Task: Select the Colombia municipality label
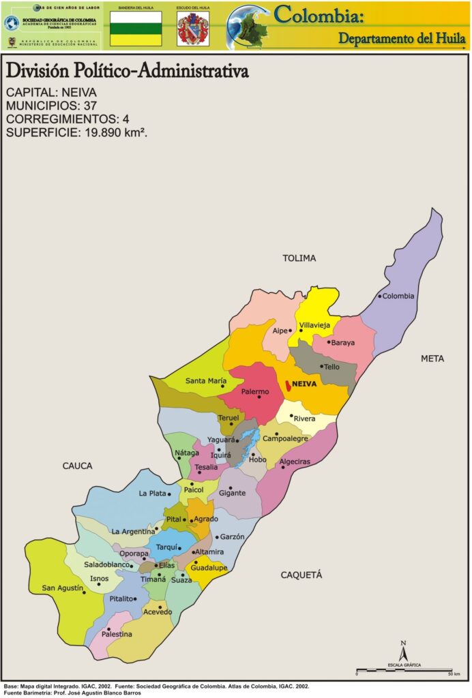click(398, 296)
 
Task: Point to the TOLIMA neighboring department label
click(299, 258)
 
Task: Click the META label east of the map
click(432, 358)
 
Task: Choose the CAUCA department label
click(77, 466)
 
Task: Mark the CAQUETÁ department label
click(301, 575)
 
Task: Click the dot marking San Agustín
click(84, 592)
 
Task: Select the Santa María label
click(206, 381)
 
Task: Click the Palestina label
click(117, 634)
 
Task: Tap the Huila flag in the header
click(136, 29)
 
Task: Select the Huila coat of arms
click(193, 29)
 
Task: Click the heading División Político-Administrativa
click(127, 72)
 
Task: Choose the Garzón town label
click(232, 537)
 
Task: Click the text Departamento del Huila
click(402, 38)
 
